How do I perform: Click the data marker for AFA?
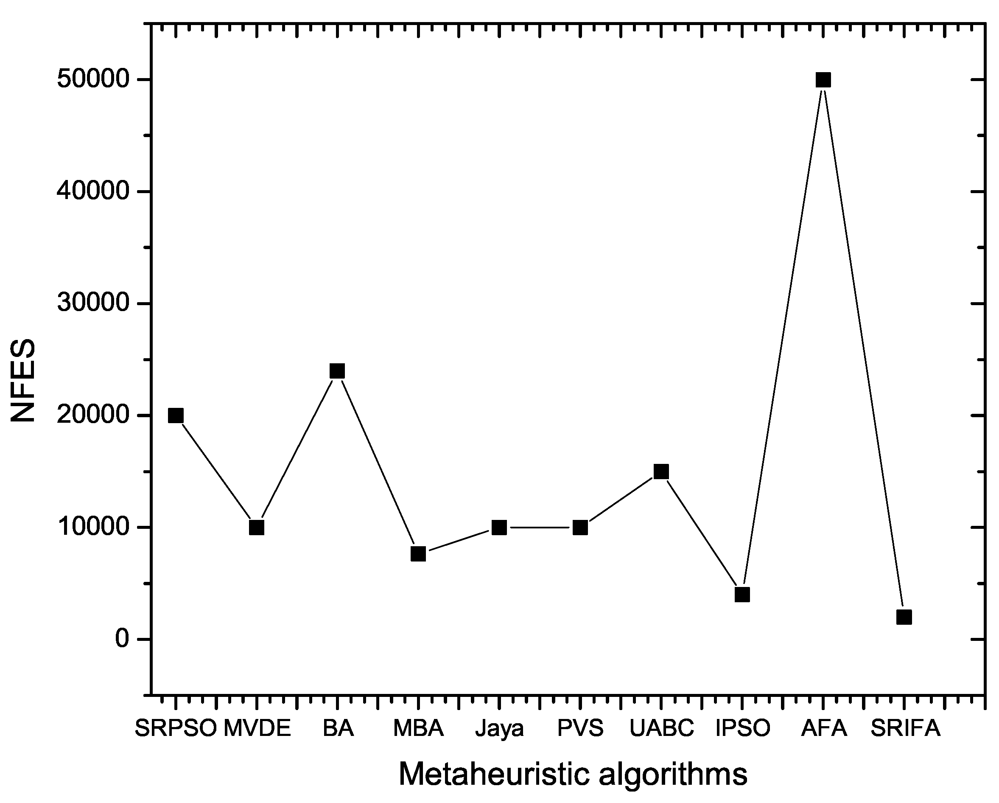[823, 80]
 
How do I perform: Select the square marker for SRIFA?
[904, 617]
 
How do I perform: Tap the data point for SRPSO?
[176, 416]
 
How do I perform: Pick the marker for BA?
[337, 371]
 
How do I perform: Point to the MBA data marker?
[418, 553]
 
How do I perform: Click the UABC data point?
[661, 472]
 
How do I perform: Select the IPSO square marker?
[742, 594]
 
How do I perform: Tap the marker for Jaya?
[499, 528]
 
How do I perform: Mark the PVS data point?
[580, 528]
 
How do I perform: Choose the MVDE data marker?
[257, 528]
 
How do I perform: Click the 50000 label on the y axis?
[92, 80]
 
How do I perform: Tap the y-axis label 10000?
[92, 528]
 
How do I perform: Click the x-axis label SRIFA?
[905, 728]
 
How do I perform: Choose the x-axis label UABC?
[661, 728]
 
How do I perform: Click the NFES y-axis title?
[23, 380]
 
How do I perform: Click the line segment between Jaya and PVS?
[540, 528]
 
